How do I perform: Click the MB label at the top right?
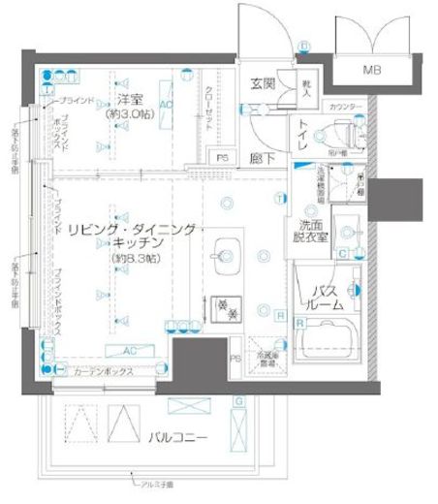tap(372, 71)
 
